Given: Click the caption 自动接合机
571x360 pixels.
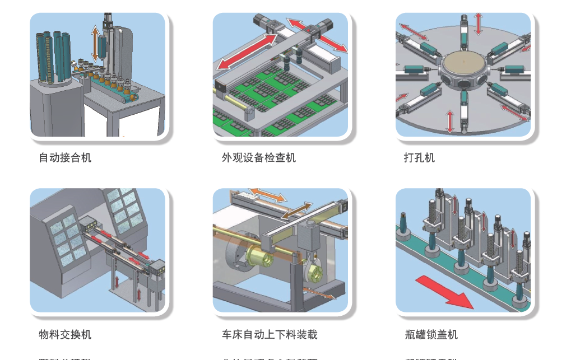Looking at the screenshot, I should coord(65,158).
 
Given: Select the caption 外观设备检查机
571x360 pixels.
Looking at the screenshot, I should coord(258,158).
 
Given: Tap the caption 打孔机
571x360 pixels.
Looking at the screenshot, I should coord(419,158).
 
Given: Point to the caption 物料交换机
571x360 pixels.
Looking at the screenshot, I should coord(65,335).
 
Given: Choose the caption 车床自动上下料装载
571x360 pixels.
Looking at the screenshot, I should coord(270,335).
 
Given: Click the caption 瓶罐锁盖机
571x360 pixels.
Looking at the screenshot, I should coord(431,335).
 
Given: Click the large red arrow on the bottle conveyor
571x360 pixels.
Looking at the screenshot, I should coord(445,292).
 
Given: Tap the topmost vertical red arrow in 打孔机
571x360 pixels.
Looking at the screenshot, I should coord(478,23).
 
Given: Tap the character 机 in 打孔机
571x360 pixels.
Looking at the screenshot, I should coord(430,158).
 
